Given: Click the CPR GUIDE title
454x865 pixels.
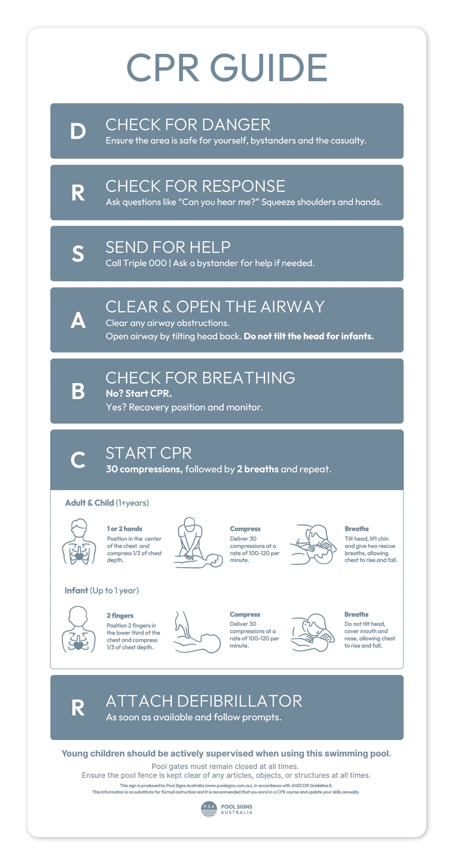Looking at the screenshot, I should pos(227,68).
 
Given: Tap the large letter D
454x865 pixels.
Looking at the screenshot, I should pos(78,132).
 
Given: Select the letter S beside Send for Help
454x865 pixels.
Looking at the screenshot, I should pos(78,254).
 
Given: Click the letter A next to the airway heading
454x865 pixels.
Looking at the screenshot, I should pos(78,321).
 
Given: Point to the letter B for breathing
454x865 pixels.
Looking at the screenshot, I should pos(78,391).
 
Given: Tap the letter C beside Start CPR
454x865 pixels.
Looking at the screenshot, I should pos(78,460).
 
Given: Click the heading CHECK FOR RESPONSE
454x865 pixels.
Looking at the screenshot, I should pos(195,186).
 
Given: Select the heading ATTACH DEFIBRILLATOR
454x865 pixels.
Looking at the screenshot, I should pos(204,701).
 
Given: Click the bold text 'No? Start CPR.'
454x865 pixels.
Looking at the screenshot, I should pos(139,394).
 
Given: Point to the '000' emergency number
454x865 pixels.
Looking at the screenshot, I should pos(158,263).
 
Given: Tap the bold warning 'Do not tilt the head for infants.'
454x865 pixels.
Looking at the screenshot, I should pos(309,336).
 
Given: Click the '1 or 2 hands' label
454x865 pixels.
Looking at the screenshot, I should pos(124,529).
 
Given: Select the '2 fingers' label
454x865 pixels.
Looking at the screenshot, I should pos(120,616).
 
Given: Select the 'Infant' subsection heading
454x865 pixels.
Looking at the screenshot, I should pos(76,590).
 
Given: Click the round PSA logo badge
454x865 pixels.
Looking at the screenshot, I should pos(209,809).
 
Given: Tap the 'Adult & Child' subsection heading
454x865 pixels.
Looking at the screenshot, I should pos(89,503).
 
